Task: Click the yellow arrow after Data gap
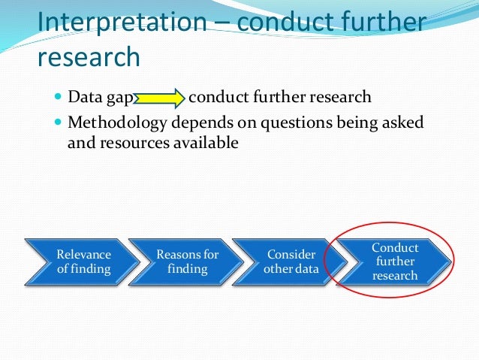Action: (x=160, y=98)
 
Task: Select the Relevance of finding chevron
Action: (x=83, y=262)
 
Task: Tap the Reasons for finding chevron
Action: (x=186, y=262)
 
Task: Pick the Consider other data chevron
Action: (x=291, y=262)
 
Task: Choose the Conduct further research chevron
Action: (x=395, y=261)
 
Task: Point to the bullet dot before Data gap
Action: (x=59, y=98)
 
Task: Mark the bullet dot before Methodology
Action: (x=59, y=122)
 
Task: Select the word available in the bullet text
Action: (x=205, y=142)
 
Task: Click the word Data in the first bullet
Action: (x=83, y=98)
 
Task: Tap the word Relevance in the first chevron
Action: (x=83, y=255)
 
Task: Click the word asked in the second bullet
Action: (x=405, y=122)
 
